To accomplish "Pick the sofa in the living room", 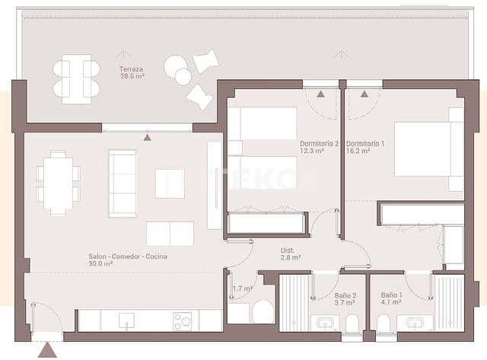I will click(123, 183).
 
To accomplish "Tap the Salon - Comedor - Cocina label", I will click(129, 260).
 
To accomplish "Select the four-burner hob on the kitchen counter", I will click(182, 321).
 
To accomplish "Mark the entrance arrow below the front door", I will click(47, 350).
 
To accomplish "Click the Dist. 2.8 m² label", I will click(290, 254).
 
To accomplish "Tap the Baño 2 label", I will click(345, 299).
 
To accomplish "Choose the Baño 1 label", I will click(391, 299).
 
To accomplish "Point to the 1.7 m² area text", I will click(243, 288).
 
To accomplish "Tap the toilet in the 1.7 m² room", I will click(263, 311).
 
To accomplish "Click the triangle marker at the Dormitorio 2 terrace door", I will click(320, 94).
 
